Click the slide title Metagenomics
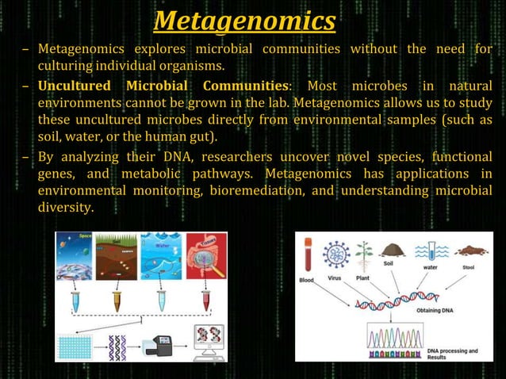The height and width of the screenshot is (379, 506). pyautogui.click(x=244, y=20)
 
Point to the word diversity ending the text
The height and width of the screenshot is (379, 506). pyautogui.click(x=65, y=208)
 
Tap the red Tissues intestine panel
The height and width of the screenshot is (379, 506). pyautogui.click(x=205, y=255)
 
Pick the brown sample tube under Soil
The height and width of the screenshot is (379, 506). pyautogui.click(x=117, y=300)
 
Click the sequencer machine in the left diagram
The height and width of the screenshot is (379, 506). pyautogui.click(x=155, y=345)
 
